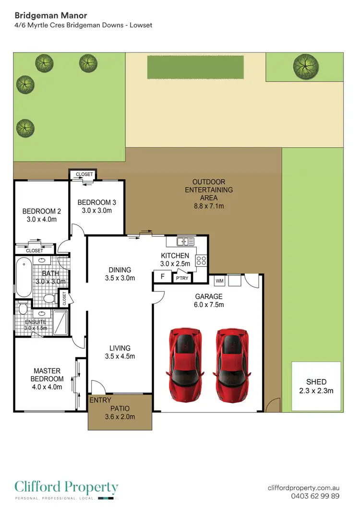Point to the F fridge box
tap(162, 277)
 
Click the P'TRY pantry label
tap(181, 278)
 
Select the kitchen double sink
tap(183, 241)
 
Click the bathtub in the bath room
tap(23, 278)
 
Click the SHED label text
tap(316, 382)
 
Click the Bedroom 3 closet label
tap(84, 174)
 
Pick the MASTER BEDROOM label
tap(47, 375)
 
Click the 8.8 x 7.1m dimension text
tap(208, 206)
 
